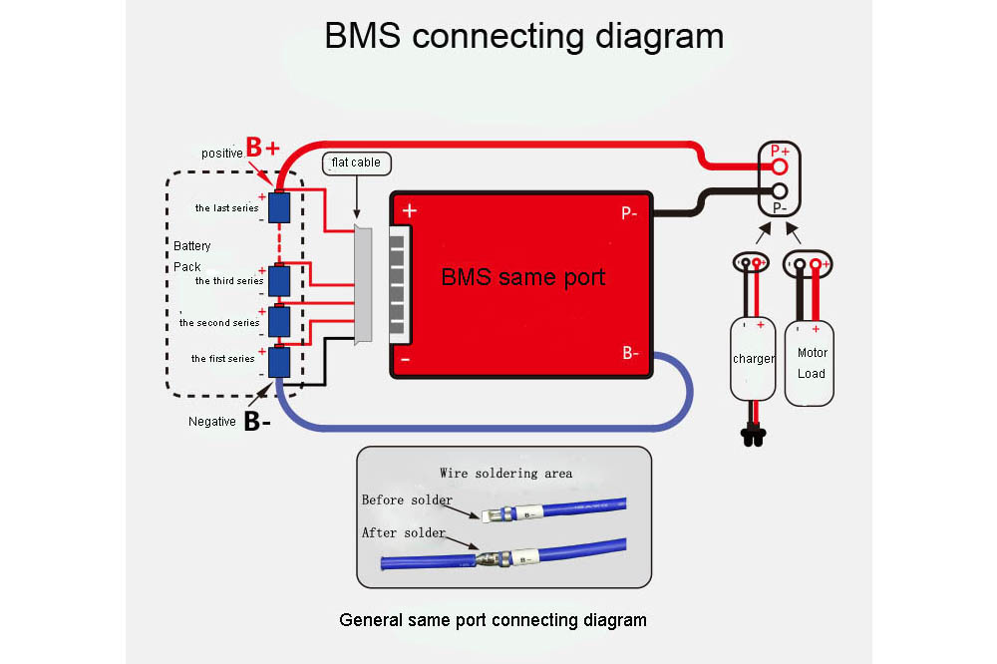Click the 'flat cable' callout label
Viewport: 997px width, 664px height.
tap(357, 163)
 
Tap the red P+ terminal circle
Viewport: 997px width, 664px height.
tap(780, 167)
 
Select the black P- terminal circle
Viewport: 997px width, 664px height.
tap(780, 190)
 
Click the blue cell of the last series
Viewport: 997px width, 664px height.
tap(279, 207)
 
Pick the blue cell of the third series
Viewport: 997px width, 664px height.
tap(279, 280)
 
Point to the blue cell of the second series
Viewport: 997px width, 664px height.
tap(279, 322)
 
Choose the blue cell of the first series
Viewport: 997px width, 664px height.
tap(279, 362)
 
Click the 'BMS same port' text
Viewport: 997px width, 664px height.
tap(522, 277)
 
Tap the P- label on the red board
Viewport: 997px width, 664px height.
tap(629, 213)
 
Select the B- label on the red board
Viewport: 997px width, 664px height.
tap(630, 353)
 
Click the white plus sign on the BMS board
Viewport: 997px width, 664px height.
tap(410, 210)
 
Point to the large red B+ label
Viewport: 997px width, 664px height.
tap(262, 147)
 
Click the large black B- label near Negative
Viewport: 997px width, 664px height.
tap(257, 421)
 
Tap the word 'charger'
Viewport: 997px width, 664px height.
tap(754, 359)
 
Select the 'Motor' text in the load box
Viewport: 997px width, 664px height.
tap(813, 352)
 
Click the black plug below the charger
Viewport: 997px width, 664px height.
tap(754, 437)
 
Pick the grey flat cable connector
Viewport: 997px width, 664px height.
tap(363, 284)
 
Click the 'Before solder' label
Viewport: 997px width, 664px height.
tap(407, 499)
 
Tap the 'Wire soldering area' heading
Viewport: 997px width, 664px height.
tap(506, 474)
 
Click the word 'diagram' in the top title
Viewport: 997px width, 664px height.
tap(659, 36)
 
